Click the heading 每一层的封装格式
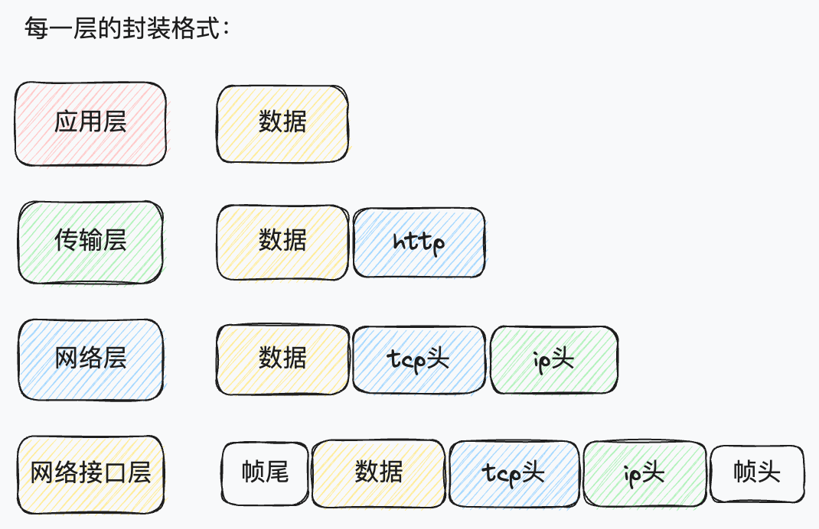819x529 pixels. (x=127, y=30)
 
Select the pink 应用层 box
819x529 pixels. (x=90, y=123)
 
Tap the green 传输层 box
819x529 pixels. (x=90, y=242)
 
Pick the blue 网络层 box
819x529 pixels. (x=90, y=359)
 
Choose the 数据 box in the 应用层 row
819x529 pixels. (x=282, y=124)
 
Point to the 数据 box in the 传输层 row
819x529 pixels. (x=282, y=241)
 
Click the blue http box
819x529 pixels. (x=419, y=242)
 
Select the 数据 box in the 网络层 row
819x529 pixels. (x=282, y=359)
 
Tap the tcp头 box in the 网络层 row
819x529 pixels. (x=419, y=360)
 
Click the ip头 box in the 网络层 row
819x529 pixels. (x=553, y=360)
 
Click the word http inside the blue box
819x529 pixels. (x=419, y=243)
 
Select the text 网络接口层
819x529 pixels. (x=90, y=473)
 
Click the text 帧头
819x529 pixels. (x=757, y=472)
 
